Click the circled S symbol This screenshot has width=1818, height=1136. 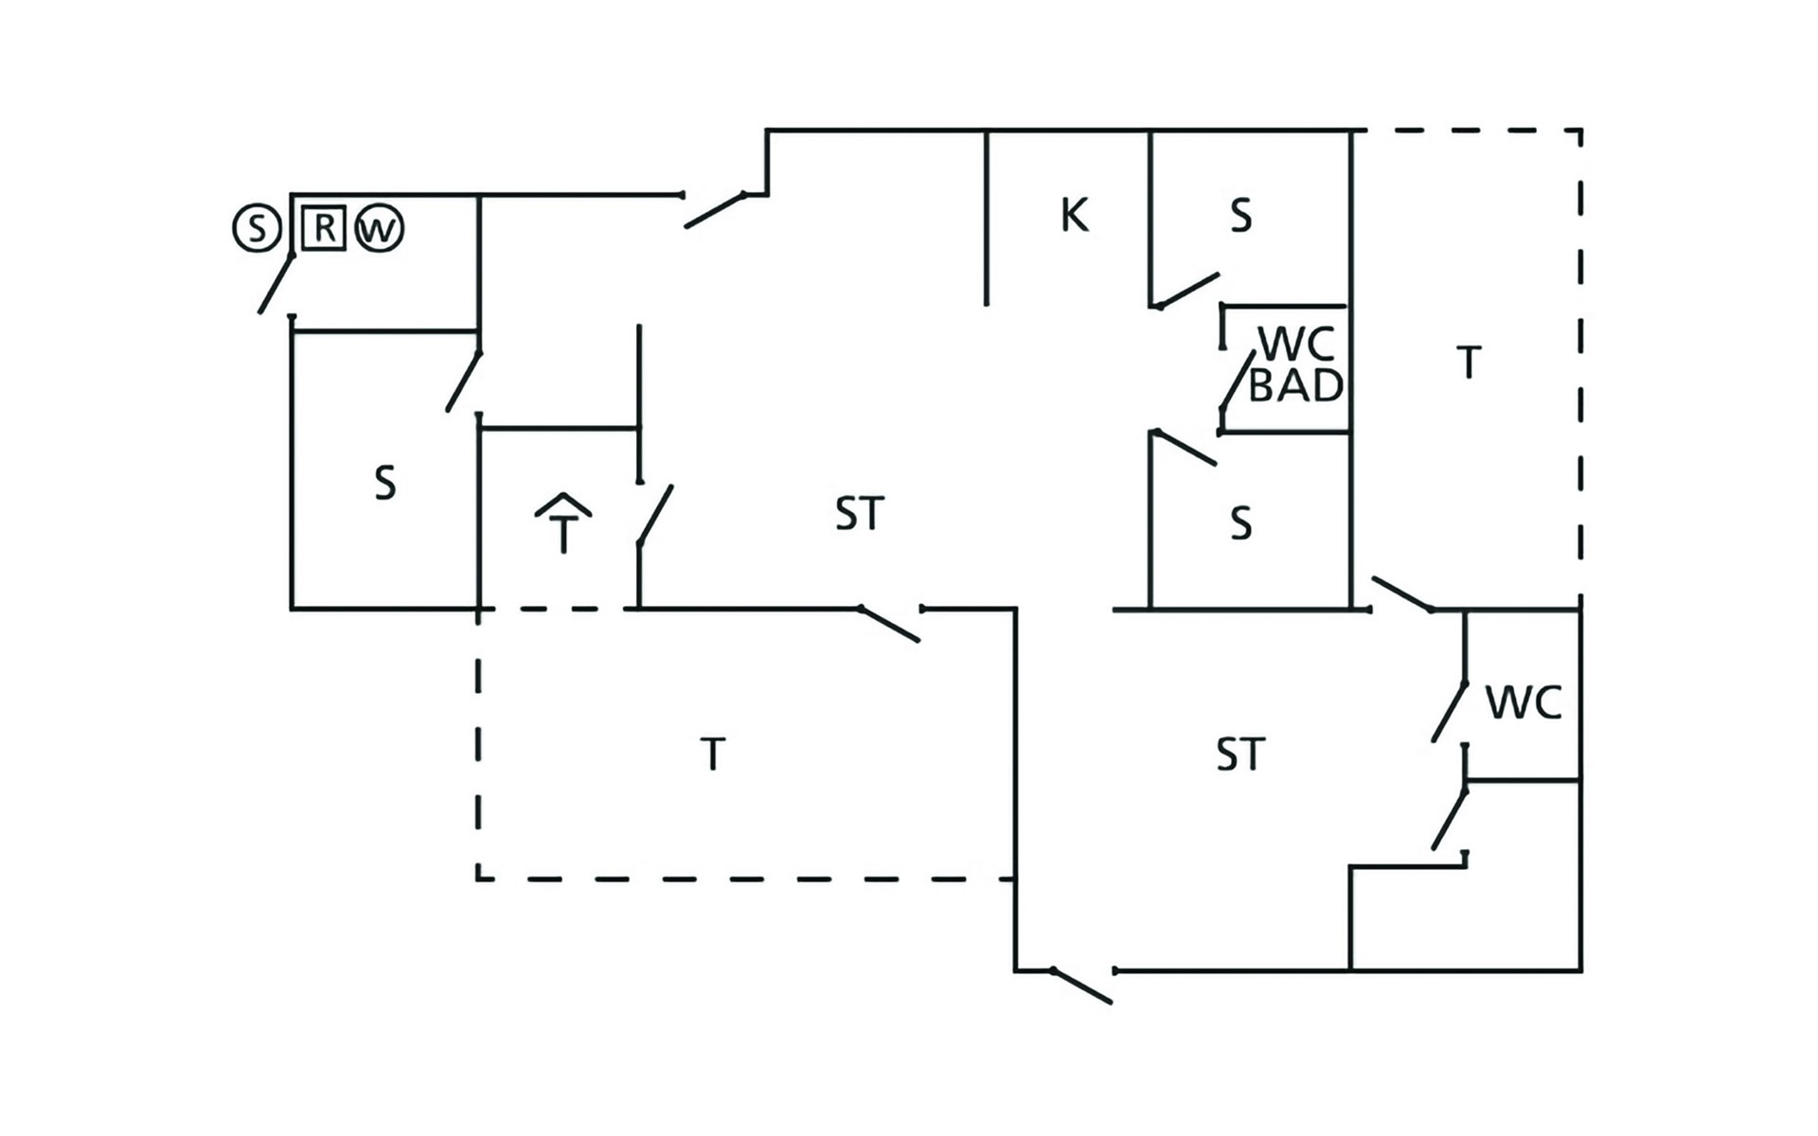click(x=257, y=229)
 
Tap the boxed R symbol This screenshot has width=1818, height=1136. click(x=324, y=228)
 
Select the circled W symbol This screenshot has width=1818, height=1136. click(x=380, y=229)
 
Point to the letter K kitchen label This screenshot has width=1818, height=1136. click(x=1075, y=215)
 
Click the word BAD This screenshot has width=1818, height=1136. click(x=1296, y=385)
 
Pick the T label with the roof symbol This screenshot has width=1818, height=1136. click(x=563, y=523)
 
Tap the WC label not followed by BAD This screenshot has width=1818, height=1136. click(x=1524, y=702)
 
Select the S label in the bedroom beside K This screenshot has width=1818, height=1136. click(x=1241, y=216)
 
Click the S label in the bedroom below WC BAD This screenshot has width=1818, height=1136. click(x=1241, y=523)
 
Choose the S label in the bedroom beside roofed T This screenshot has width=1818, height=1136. click(x=384, y=483)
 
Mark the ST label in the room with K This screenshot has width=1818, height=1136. click(x=860, y=514)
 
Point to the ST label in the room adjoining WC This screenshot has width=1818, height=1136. click(x=1240, y=754)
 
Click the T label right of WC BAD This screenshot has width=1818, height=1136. click(x=1469, y=363)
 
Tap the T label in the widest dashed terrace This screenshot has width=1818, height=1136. click(x=713, y=754)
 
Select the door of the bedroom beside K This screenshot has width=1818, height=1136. click(x=1187, y=291)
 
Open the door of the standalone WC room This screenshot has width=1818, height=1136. click(x=1449, y=711)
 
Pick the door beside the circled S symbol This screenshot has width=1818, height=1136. click(x=276, y=283)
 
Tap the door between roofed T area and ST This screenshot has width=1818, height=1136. click(x=655, y=515)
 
